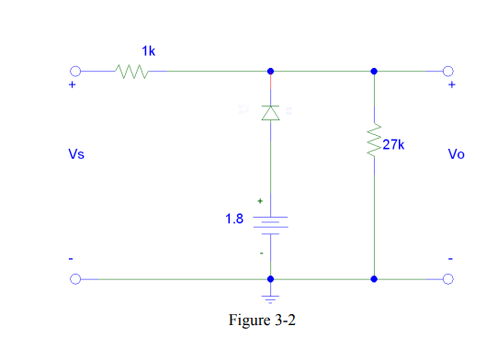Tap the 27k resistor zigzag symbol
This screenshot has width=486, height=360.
click(374, 142)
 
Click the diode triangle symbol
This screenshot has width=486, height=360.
click(269, 113)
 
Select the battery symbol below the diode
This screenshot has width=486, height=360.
click(269, 223)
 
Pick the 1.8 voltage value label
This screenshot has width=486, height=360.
click(235, 219)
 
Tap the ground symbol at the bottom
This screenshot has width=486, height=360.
click(269, 297)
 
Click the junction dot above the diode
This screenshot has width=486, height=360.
click(269, 71)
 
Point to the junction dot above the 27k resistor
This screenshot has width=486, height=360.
click(374, 71)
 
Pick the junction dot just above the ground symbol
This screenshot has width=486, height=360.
click(269, 278)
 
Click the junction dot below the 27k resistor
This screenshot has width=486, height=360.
click(374, 278)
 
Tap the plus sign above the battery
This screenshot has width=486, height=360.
click(260, 200)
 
